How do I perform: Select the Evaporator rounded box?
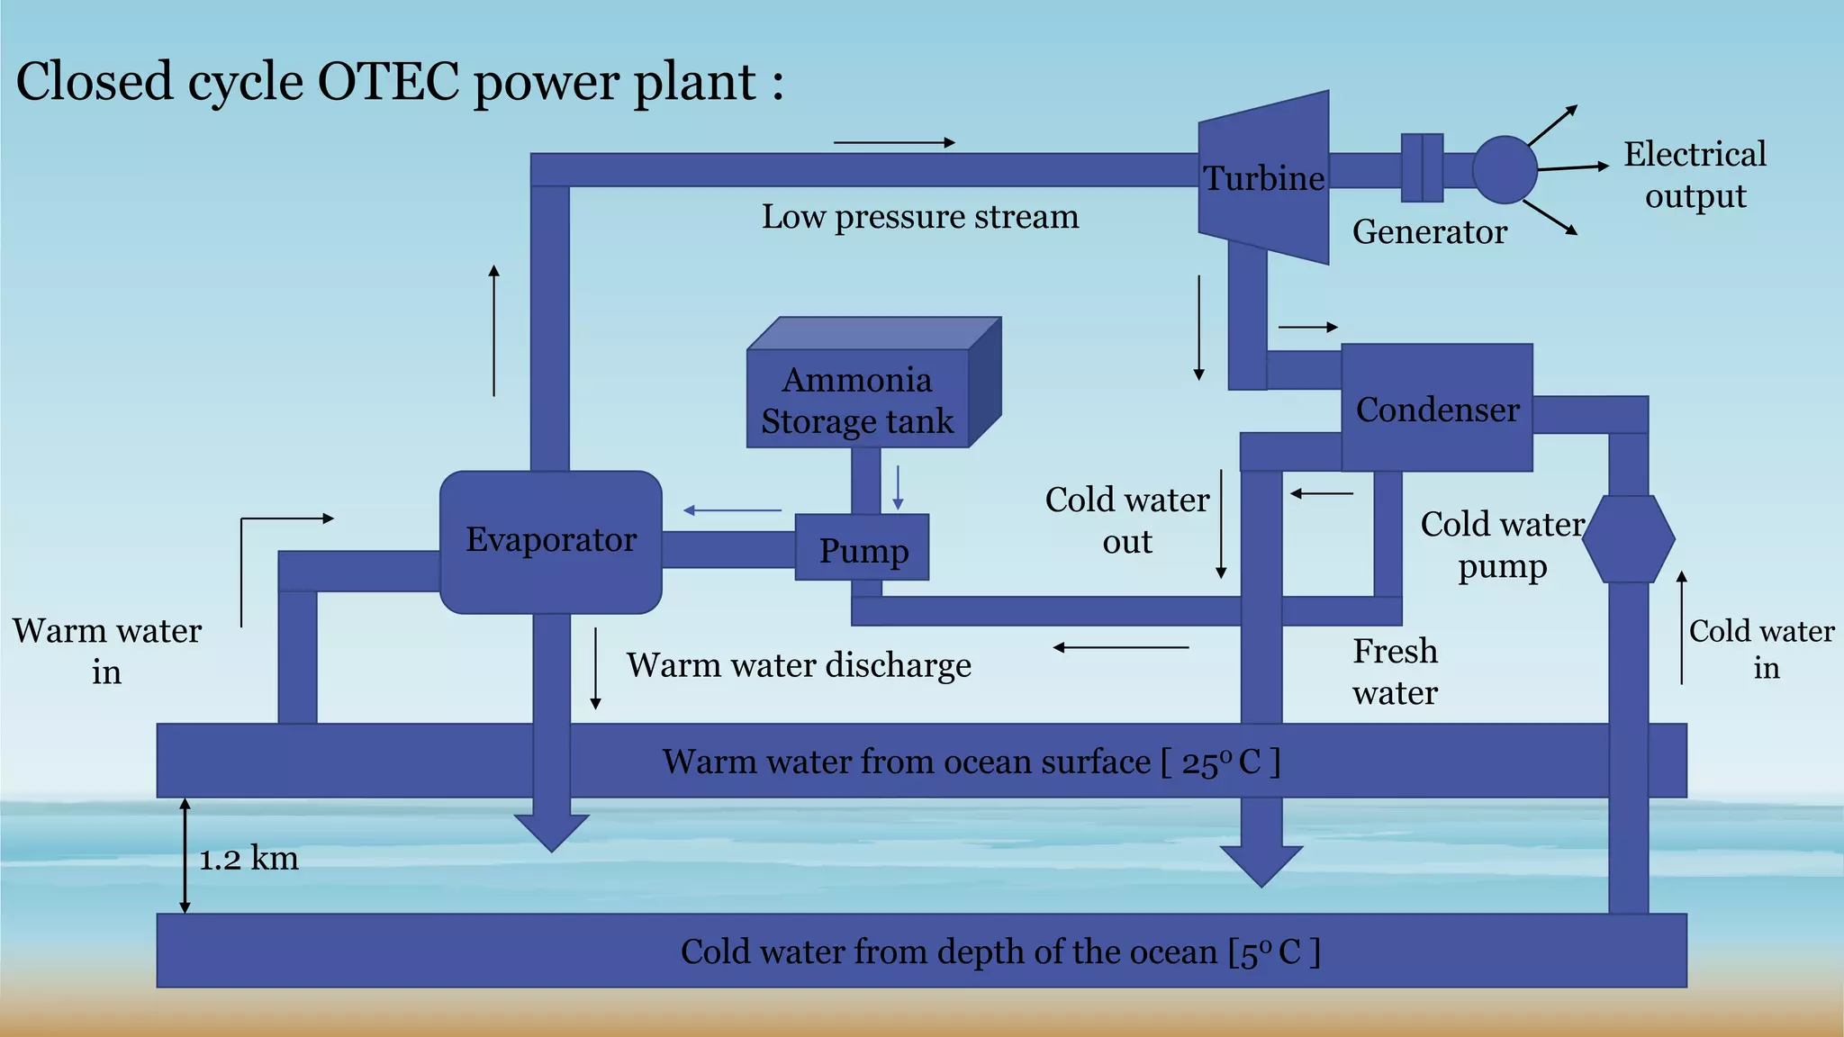550,541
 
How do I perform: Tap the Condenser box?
1437,410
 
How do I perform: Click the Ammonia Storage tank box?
857,400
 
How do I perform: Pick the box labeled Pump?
862,549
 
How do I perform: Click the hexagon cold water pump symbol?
1628,538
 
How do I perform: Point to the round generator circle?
1505,169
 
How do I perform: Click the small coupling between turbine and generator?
1422,168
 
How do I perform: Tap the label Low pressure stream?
919,217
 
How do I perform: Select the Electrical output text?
1695,175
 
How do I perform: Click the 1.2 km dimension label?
249,859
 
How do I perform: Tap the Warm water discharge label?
799,666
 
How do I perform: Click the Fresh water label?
1395,672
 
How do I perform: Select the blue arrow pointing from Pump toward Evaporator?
732,510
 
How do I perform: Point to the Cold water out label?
1126,520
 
